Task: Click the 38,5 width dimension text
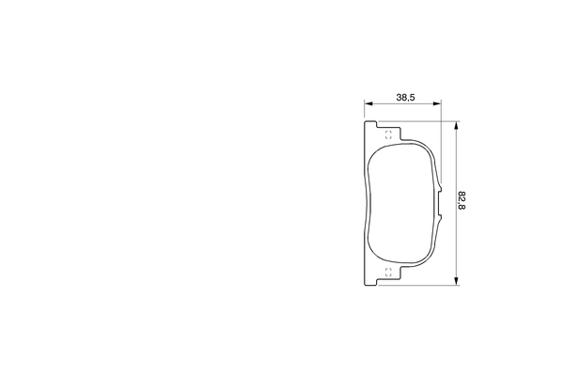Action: [x=406, y=97]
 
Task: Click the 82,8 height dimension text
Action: [x=462, y=201]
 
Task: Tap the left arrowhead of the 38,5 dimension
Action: [x=368, y=104]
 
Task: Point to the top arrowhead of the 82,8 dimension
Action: [x=456, y=125]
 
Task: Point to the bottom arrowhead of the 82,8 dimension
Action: [x=456, y=279]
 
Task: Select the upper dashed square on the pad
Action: [x=389, y=133]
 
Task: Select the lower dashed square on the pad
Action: [x=389, y=273]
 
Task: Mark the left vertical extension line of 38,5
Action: [x=364, y=111]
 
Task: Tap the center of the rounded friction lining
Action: [x=402, y=202]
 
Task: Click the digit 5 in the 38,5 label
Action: [x=413, y=97]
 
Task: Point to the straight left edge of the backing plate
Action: [x=364, y=202]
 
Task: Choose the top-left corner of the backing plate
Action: [x=365, y=122]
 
